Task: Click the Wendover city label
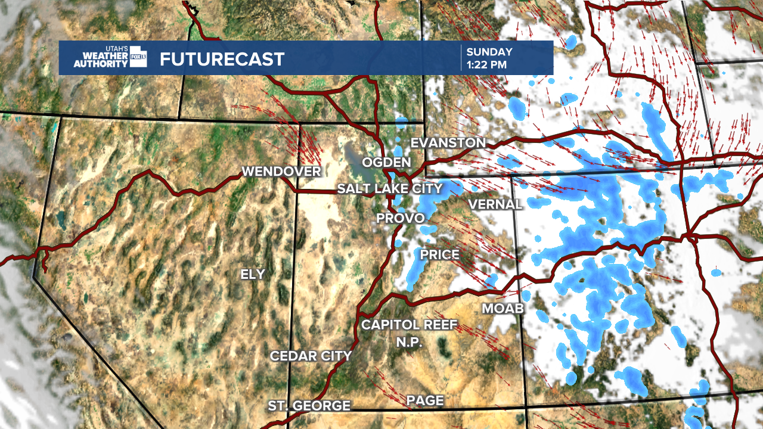(281, 172)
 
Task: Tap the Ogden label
(387, 162)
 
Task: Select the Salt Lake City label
(390, 189)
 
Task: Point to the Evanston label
(448, 143)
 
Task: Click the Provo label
(400, 219)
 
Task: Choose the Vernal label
(495, 204)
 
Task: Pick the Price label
(440, 255)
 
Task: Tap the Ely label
(253, 274)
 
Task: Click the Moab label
(503, 308)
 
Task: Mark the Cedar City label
(311, 356)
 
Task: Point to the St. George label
(309, 406)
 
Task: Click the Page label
(425, 400)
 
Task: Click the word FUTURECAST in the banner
(222, 60)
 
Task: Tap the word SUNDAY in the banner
(489, 52)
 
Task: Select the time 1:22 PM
(487, 64)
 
